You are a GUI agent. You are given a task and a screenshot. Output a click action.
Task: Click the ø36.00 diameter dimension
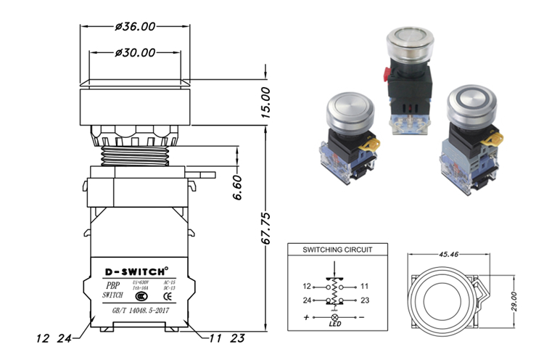pyautogui.click(x=135, y=27)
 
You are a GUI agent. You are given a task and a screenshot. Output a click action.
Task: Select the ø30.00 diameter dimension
pyautogui.click(x=135, y=53)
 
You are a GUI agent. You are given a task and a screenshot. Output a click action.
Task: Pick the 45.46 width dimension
pyautogui.click(x=447, y=255)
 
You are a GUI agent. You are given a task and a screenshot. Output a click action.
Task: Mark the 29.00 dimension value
pyautogui.click(x=513, y=298)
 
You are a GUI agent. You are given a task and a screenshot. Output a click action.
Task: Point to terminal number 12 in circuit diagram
pyautogui.click(x=307, y=286)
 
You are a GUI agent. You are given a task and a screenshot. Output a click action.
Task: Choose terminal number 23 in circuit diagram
pyautogui.click(x=364, y=300)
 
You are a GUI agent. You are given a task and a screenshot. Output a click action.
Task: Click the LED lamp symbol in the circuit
pyautogui.click(x=334, y=318)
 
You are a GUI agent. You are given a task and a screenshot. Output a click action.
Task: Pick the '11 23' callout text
pyautogui.click(x=225, y=337)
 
